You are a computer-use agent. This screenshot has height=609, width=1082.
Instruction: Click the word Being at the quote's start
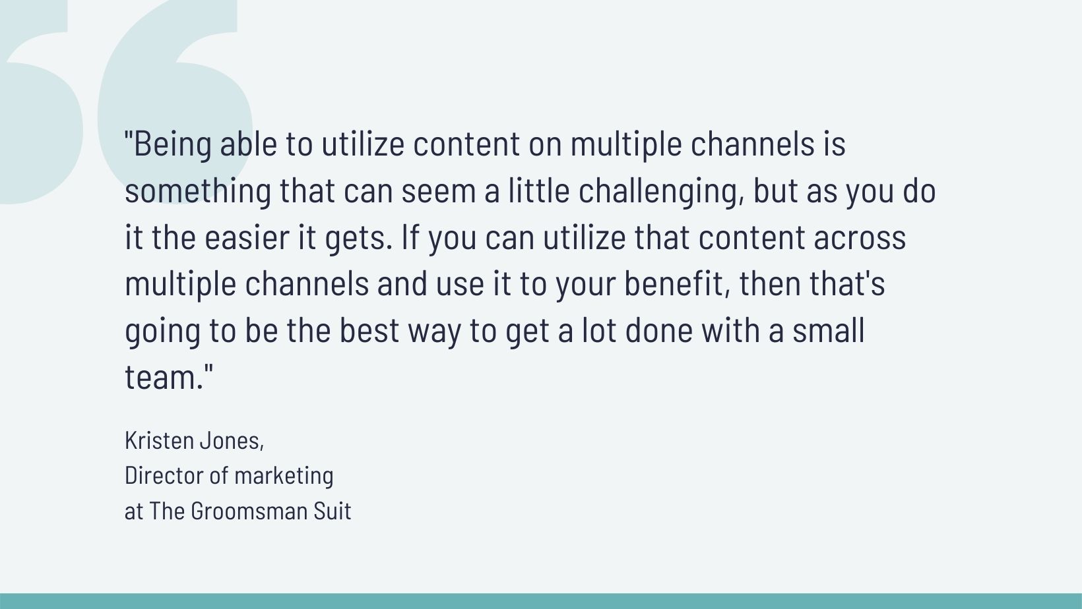[172, 145]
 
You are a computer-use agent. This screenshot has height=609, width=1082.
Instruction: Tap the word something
[198, 191]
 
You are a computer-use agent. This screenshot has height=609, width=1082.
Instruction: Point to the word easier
[247, 237]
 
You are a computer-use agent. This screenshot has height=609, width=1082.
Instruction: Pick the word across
[859, 238]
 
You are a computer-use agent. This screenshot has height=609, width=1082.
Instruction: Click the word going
[162, 332]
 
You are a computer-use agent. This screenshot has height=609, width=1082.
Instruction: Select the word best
[369, 331]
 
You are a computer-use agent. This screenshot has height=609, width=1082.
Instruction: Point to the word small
[828, 331]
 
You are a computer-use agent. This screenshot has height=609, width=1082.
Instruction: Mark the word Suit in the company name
[333, 511]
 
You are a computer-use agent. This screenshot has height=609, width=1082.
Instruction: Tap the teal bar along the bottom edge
[541, 601]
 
